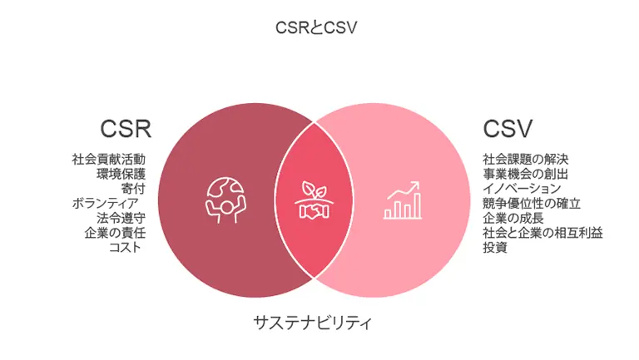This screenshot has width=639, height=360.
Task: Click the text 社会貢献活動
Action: point(109,159)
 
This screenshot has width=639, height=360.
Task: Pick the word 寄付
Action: point(133,189)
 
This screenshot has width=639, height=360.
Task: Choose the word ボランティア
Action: point(106,203)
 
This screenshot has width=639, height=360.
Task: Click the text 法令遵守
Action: point(121,218)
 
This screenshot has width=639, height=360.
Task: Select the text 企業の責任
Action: point(115,233)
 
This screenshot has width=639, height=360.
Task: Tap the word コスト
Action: point(125,248)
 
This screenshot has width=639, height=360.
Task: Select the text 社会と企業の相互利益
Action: point(543,233)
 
